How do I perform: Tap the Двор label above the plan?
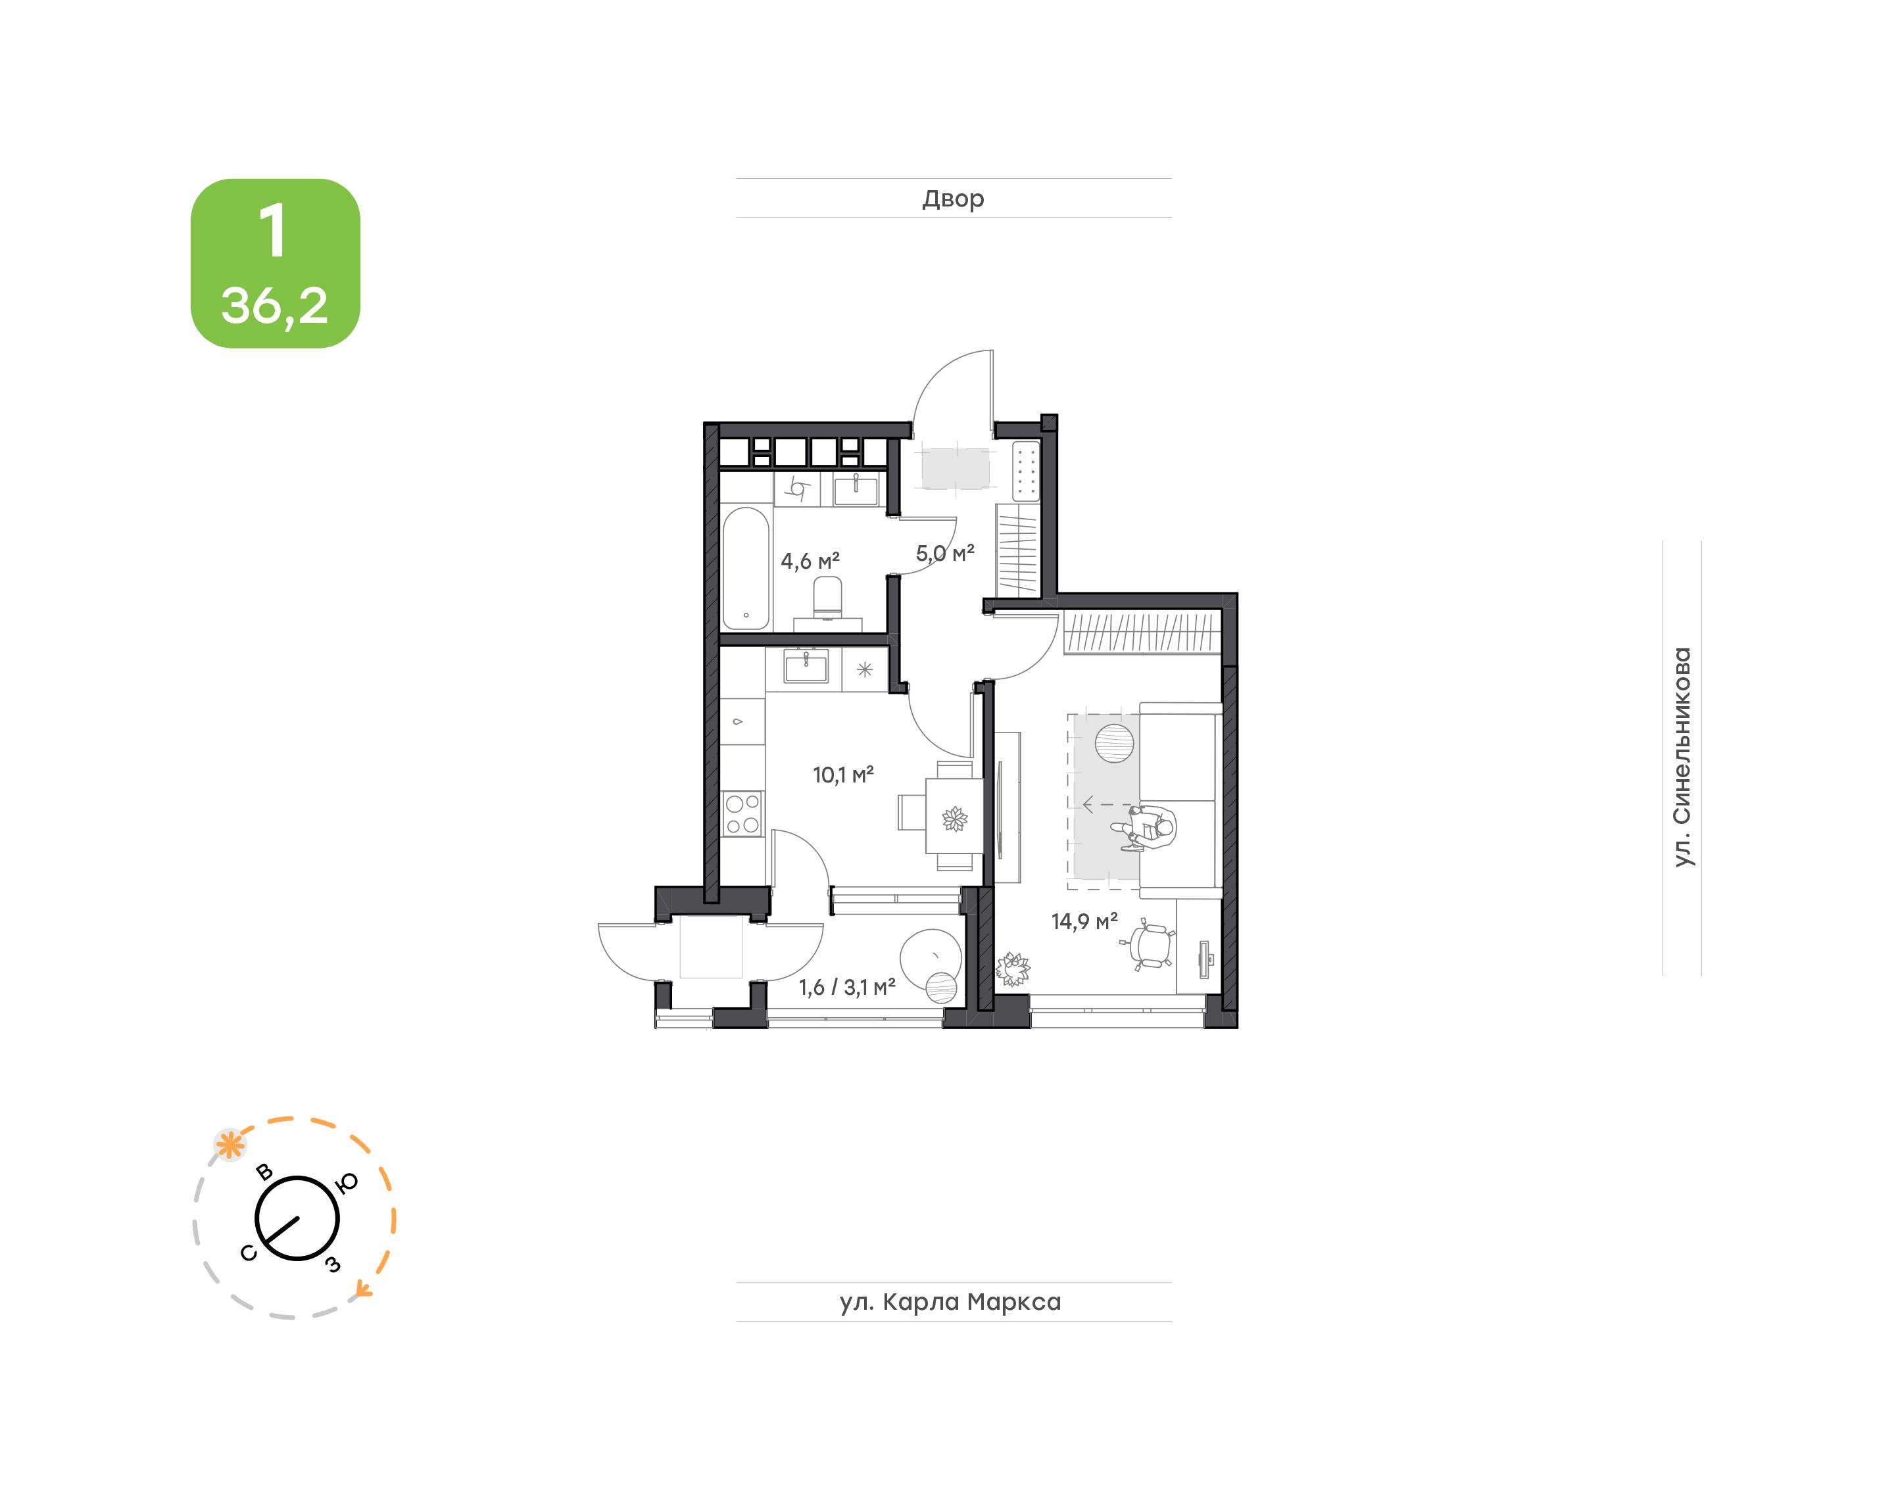point(953,199)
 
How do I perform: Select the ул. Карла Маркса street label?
point(950,1303)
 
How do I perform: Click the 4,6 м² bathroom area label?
point(810,561)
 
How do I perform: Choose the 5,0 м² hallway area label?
point(945,554)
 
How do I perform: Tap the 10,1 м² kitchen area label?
point(843,775)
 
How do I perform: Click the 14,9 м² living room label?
point(1084,921)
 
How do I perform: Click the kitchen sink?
point(806,668)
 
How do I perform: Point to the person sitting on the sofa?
point(1148,827)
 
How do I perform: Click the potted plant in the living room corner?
point(1013,969)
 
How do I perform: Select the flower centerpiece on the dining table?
point(954,819)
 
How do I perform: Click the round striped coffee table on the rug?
point(1115,743)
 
